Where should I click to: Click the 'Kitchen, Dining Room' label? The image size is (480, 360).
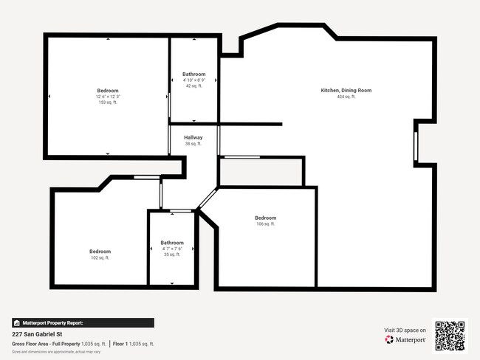coord(346,90)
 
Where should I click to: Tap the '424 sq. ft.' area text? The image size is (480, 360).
coord(346,97)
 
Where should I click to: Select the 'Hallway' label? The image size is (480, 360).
coord(193,137)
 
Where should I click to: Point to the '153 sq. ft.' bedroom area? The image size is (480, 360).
coord(108,103)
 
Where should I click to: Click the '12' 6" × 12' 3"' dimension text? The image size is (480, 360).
coord(108,97)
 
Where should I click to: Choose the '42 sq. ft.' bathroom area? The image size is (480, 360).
coord(194,86)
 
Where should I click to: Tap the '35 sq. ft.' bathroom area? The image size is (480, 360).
coord(172,255)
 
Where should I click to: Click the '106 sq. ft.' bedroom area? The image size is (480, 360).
coord(266,224)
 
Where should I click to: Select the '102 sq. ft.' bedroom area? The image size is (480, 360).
coord(100,257)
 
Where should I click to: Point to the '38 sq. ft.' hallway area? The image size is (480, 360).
coord(193,144)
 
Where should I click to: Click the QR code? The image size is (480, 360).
coord(450,335)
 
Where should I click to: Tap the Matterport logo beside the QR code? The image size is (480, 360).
coord(405,339)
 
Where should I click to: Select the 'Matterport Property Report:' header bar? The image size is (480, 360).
coord(83,322)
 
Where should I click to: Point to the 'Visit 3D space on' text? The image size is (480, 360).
coord(405,330)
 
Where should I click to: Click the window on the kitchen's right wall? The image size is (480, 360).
coord(416,145)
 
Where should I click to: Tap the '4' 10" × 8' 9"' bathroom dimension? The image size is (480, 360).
coord(194,80)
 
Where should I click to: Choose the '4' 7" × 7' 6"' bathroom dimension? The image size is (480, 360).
coord(172,249)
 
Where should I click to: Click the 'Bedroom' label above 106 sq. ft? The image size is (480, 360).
coord(266,218)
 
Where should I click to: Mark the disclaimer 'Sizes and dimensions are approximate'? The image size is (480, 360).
coord(56,351)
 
